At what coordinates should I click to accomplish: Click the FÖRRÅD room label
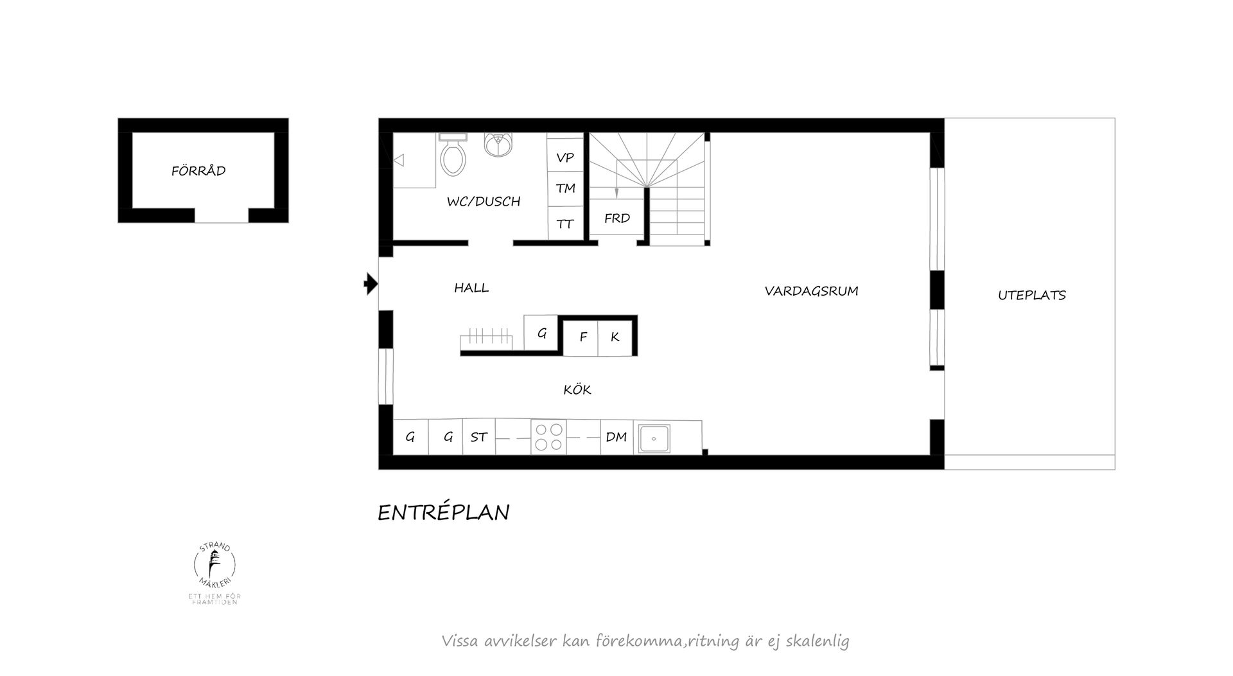pos(198,171)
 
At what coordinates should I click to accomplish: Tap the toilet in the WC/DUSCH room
pos(453,156)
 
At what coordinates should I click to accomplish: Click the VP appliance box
pos(565,157)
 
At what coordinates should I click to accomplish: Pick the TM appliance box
pos(565,188)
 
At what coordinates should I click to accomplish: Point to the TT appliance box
pos(565,224)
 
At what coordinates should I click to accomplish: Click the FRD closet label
pos(617,218)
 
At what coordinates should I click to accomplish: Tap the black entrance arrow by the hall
pos(371,283)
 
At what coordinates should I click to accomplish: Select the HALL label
pos(471,288)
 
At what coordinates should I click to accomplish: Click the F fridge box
pos(582,337)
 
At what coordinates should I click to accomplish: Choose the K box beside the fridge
pos(615,337)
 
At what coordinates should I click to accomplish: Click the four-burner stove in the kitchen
pos(548,437)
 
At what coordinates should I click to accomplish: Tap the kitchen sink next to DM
pos(654,438)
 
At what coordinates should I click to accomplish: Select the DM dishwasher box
pos(616,438)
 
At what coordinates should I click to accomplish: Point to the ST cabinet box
pos(478,438)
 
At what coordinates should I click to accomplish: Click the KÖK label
pos(577,389)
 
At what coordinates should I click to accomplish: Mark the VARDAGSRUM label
pos(811,291)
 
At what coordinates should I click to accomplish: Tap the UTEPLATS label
pos(1031,296)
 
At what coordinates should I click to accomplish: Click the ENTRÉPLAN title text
pos(443,513)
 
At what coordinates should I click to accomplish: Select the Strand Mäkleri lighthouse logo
pos(215,565)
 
